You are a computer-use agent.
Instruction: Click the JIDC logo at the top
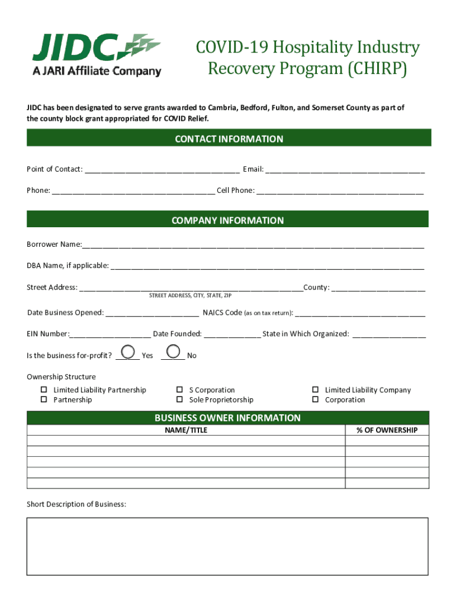coord(97,54)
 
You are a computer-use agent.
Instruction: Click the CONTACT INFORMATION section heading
coord(229,139)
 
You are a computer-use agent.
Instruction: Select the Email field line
coord(345,170)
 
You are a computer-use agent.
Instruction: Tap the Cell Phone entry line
coord(340,192)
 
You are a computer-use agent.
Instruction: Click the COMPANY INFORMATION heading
coord(227,220)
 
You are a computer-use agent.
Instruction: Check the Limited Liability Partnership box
coord(44,390)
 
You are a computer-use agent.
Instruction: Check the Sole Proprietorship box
coord(179,399)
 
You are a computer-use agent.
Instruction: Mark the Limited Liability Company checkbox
coord(316,390)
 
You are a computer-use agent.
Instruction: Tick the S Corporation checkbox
coord(179,390)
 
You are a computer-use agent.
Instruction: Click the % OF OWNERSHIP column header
coord(387,430)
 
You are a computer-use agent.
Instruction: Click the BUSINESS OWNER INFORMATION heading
coord(227,418)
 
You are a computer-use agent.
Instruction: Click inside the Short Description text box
coord(227,546)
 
